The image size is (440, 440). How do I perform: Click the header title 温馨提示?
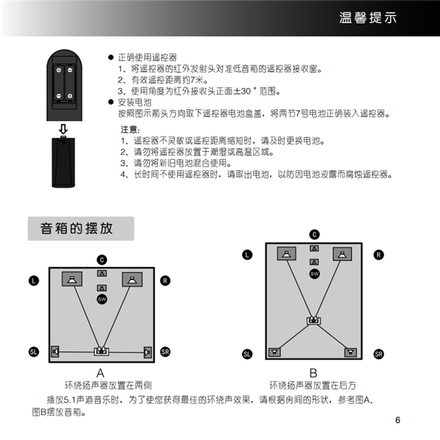pos(369,18)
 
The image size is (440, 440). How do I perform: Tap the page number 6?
pos(397,420)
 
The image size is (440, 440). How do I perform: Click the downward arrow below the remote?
pos(63,130)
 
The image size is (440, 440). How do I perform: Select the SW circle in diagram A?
pos(102,299)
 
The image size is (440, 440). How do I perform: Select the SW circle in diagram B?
pos(314,274)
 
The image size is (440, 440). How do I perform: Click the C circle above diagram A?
pos(102,259)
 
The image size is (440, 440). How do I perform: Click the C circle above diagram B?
pos(314,234)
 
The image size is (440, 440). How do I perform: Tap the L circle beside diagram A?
pos(34,280)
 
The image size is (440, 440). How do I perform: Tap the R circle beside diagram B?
pos(378,254)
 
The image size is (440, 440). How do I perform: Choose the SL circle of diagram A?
pos(34,352)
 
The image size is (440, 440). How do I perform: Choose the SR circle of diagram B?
pos(378,354)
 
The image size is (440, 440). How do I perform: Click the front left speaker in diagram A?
pos(72,279)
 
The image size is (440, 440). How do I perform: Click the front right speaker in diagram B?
pos(340,254)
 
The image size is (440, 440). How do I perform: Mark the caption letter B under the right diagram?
pos(313,373)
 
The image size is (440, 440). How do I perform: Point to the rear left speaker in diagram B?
pos(275,351)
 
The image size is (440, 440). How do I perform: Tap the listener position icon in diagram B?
pos(313,320)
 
